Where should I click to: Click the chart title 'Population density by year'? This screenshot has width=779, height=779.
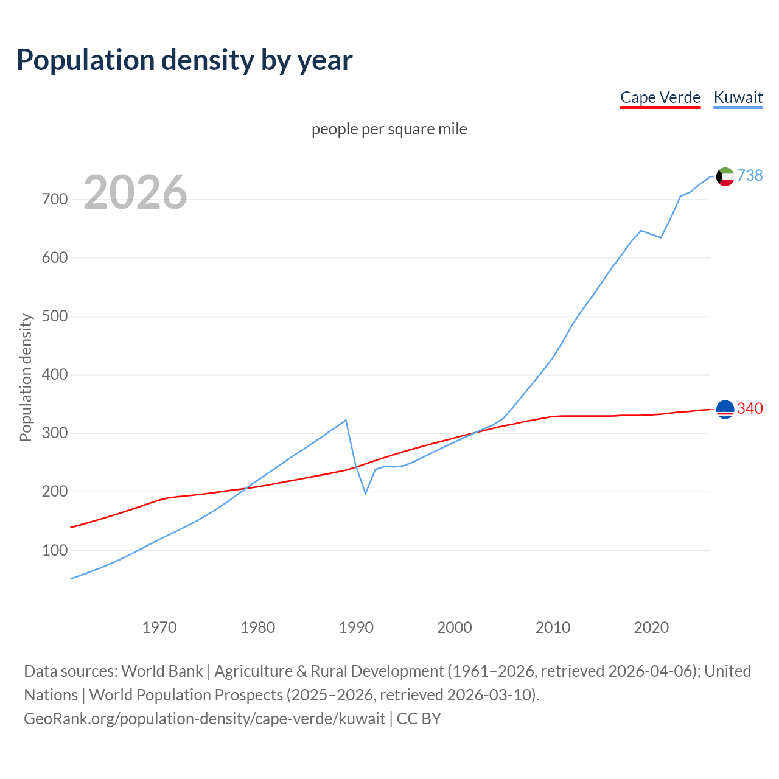point(184,60)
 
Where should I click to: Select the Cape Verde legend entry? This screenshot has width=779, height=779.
point(660,97)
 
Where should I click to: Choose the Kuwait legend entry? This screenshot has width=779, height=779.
point(738,97)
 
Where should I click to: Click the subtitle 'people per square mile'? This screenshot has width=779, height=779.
point(389,129)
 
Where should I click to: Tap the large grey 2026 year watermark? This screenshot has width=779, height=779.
point(135,192)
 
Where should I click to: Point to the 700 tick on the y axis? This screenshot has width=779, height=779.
point(55,200)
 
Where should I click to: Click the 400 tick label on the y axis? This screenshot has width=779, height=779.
point(55,375)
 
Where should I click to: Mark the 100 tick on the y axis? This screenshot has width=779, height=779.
point(55,550)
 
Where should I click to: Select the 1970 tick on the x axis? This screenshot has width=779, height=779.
point(159,627)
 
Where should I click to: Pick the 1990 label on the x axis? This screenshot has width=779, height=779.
point(356,627)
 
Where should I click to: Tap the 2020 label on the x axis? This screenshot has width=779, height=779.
point(651,627)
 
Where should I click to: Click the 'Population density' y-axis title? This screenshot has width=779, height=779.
point(26,377)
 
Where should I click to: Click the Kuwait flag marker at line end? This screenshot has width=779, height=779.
point(725,176)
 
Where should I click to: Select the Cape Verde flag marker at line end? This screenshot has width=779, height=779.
point(725,410)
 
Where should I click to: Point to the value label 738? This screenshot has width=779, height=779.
point(750,175)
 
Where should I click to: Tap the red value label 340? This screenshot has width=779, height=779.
point(750,408)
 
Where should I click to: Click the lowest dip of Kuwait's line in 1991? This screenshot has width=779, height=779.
point(365,493)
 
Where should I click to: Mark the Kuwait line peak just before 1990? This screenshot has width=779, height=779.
point(346,420)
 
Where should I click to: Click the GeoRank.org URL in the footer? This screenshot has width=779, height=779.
point(204,718)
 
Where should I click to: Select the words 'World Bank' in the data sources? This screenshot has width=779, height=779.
point(162,671)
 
